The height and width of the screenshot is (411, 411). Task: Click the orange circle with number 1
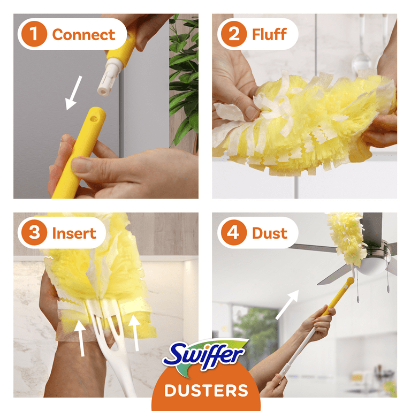[34, 34]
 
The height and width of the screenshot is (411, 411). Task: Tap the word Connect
[83, 35]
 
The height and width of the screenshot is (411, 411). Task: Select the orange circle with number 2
[234, 34]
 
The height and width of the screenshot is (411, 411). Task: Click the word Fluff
[269, 34]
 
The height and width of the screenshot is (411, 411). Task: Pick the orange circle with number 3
[34, 232]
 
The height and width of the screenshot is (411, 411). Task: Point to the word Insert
[74, 233]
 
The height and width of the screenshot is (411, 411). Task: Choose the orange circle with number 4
[234, 232]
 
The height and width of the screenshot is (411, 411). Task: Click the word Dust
[270, 233]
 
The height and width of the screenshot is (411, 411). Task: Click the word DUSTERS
[206, 390]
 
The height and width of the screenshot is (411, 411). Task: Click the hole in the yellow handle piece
[94, 119]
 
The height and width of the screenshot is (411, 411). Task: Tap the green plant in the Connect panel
[184, 79]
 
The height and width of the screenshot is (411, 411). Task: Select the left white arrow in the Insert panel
[81, 338]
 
